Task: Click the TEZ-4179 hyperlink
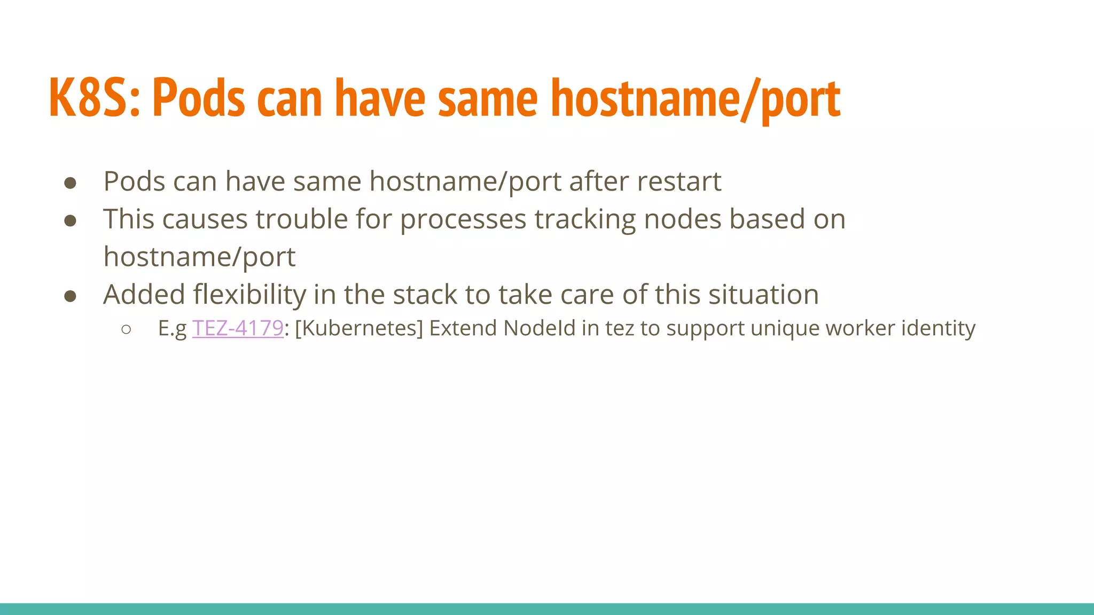point(237,328)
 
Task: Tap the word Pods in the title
point(199,98)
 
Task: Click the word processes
point(463,219)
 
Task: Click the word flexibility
point(249,295)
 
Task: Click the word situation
point(763,295)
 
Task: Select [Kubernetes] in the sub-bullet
point(358,328)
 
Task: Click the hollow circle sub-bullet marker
point(126,329)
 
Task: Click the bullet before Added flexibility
point(70,296)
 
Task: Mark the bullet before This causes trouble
point(70,221)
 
